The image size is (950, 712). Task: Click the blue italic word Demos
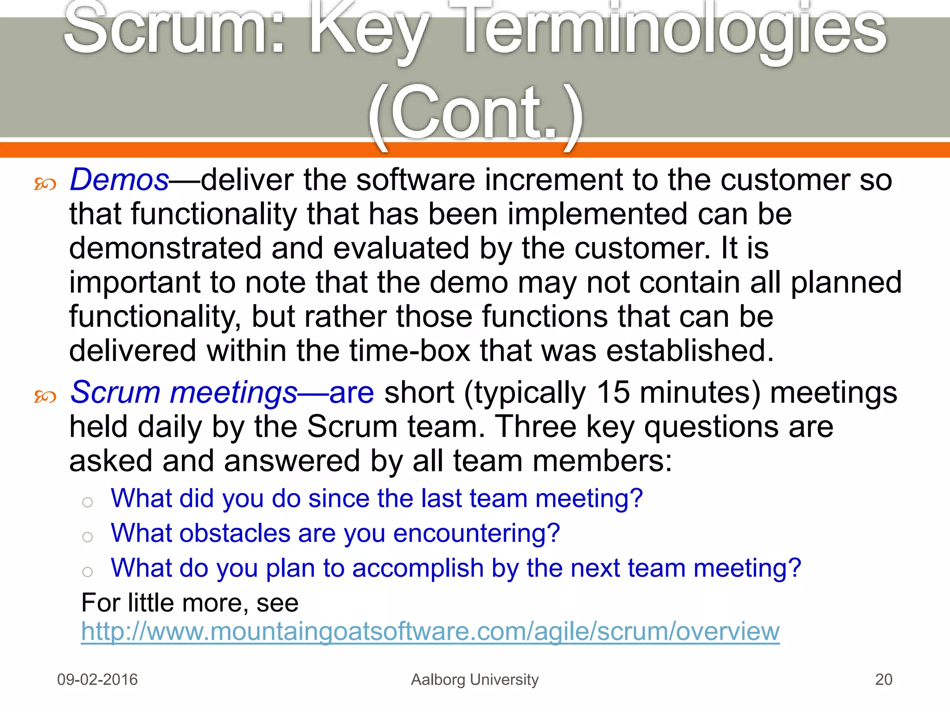click(119, 180)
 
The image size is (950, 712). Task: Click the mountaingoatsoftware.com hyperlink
click(430, 631)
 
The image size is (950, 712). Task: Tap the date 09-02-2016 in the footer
click(97, 680)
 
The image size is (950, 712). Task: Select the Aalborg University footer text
click(475, 680)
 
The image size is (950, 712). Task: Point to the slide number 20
click(883, 680)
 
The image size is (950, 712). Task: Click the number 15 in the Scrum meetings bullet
click(613, 393)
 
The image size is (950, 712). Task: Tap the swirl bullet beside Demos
click(45, 184)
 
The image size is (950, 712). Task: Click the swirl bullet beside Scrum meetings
click(45, 397)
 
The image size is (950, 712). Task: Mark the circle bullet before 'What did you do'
click(87, 502)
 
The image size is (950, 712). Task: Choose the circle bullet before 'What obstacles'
click(87, 537)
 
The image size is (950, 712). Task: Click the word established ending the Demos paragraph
click(690, 351)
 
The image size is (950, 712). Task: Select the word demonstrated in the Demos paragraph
click(165, 248)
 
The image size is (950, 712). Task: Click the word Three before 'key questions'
click(535, 427)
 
